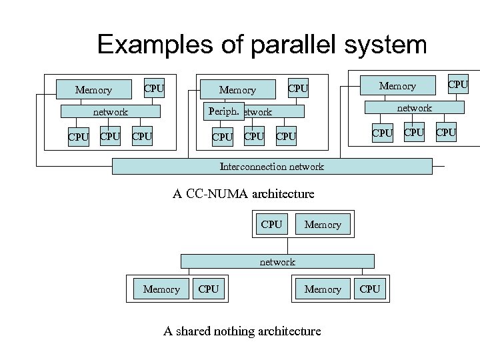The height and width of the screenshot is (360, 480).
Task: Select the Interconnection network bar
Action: click(272, 167)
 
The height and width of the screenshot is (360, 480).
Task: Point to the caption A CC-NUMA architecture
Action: click(243, 194)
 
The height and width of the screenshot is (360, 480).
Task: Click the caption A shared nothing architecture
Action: click(242, 331)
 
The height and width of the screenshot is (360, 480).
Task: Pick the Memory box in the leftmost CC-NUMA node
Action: click(93, 89)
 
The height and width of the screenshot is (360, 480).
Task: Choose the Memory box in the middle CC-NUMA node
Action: click(237, 89)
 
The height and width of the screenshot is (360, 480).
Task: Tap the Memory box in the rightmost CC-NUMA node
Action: click(397, 85)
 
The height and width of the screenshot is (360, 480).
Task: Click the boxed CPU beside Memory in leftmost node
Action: click(154, 88)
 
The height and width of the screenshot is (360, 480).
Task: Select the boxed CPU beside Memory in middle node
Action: click(298, 88)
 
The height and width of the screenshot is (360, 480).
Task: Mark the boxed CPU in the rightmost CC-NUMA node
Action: click(457, 84)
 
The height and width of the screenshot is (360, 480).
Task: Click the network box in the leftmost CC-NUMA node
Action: click(110, 112)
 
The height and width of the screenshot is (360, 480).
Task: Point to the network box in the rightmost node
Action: click(415, 107)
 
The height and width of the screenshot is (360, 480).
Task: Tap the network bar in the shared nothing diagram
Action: click(277, 262)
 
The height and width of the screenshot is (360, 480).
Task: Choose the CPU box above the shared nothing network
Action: click(271, 225)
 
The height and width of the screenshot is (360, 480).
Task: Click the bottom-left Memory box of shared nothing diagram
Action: click(161, 289)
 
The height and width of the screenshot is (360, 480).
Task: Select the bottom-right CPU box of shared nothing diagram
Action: click(369, 289)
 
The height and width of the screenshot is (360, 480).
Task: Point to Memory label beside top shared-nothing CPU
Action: click(323, 225)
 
